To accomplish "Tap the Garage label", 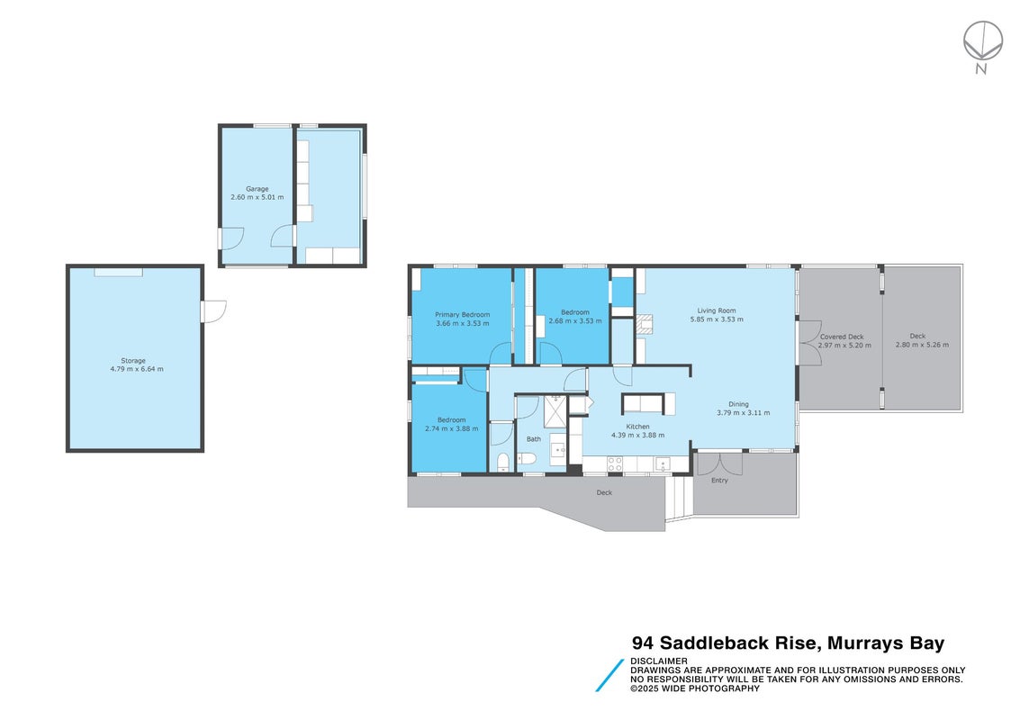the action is pos(257,189).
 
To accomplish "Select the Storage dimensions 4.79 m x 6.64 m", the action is pos(137,369).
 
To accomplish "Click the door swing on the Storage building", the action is pos(214,311).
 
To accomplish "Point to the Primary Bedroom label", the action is pos(462,315).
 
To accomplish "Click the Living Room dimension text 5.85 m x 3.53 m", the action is pos(717,319).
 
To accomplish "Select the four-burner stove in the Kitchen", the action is pos(614,464).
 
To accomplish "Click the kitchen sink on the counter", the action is pos(662,464).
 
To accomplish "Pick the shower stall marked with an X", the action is pos(555,411).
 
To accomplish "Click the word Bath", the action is pos(534,439).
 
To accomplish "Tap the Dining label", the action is pos(738,404).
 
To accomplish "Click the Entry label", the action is pos(719,481).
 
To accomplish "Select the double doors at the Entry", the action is pos(719,463).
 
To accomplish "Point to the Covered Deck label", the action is pos(842,337).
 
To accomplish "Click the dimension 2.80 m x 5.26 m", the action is pos(922,345).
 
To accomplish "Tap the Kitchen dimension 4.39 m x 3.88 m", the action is pos(638,436).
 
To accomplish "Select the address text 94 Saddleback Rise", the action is pos(726,643).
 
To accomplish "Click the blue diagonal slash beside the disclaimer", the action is pos(609,675).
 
